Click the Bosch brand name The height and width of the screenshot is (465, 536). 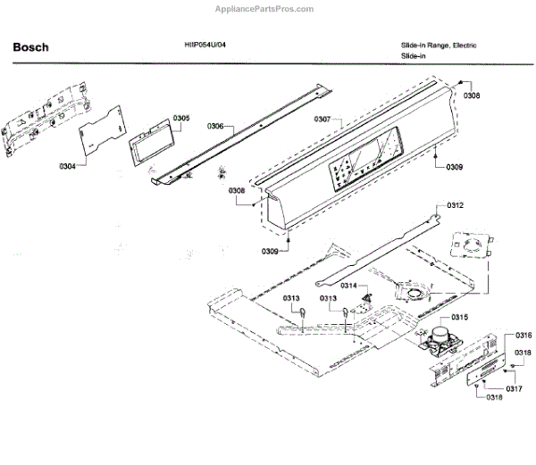point(30,47)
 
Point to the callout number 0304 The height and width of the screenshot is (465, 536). point(68,166)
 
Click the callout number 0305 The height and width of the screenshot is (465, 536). point(181,118)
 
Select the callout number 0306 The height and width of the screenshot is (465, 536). point(215,127)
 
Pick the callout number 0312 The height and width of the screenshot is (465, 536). point(456,206)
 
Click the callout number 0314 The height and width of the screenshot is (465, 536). point(348,286)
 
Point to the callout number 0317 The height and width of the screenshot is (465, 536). point(514,389)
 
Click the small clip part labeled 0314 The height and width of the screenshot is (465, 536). point(363,308)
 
